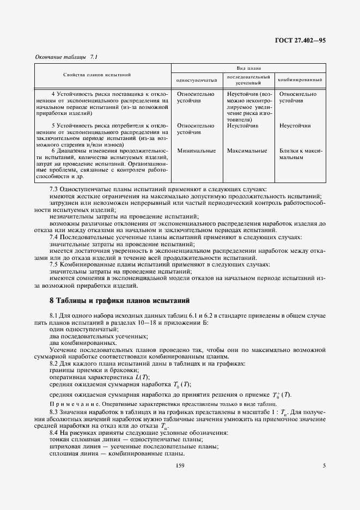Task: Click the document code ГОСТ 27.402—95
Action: click(298, 40)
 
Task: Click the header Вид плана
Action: click(247, 69)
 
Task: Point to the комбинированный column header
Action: click(300, 80)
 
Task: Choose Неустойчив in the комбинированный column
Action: click(295, 125)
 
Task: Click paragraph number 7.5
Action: click(55, 264)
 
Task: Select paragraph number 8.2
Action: click(55, 362)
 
